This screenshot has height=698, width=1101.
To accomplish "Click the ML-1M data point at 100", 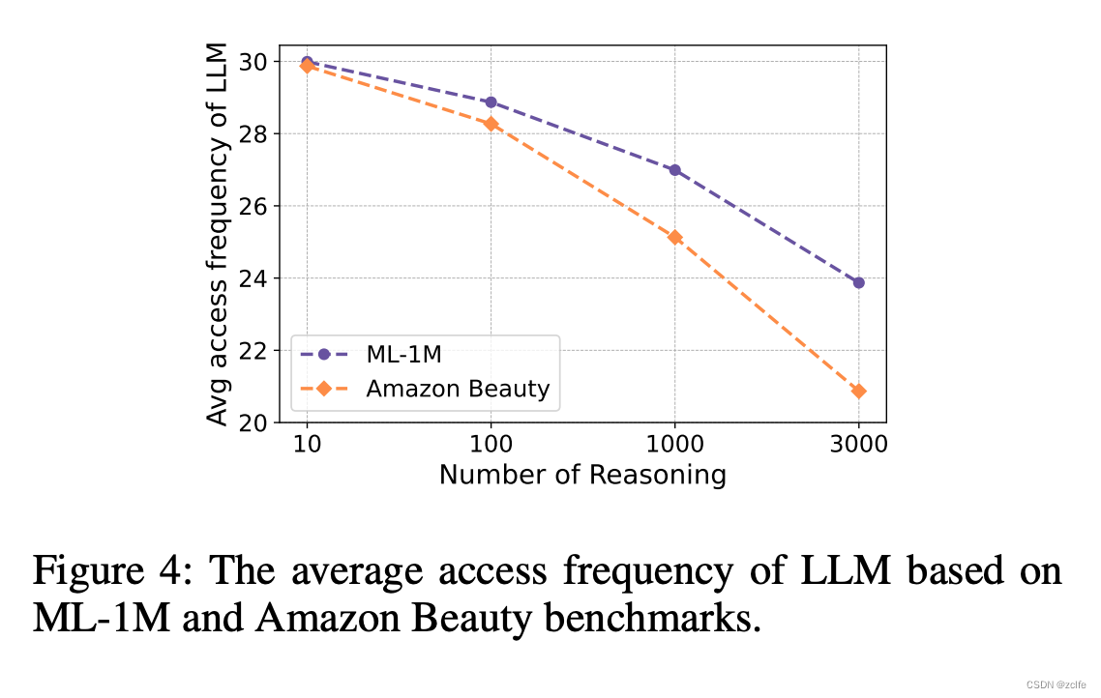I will (491, 102).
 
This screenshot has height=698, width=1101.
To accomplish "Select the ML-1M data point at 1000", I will (674, 170).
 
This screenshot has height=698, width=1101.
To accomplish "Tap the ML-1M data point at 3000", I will (858, 282).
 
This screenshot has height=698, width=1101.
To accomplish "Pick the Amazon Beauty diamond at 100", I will (491, 124).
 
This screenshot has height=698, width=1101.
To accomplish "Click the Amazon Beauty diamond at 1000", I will (674, 237).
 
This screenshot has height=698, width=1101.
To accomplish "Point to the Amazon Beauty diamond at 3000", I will (858, 391).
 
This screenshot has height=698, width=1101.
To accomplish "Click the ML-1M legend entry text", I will (403, 355).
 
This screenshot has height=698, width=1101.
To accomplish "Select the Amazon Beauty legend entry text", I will (458, 389).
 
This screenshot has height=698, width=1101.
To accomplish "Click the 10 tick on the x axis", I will (307, 446).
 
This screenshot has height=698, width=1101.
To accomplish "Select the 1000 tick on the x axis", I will (674, 446).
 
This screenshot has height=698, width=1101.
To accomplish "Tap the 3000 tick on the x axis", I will (858, 446).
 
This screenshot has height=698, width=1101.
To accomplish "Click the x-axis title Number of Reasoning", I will (582, 475).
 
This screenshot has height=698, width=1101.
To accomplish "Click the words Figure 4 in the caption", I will (104, 571).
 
